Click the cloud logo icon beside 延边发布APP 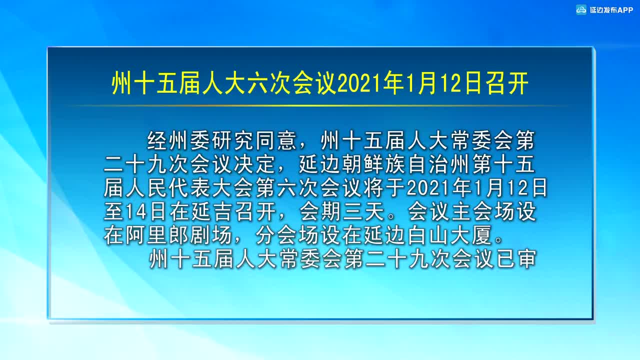tap(581, 10)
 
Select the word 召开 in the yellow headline tap(507, 83)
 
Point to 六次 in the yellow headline tap(269, 83)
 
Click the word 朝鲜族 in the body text tap(374, 164)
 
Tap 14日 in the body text tap(145, 211)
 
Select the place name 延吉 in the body tap(212, 211)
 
